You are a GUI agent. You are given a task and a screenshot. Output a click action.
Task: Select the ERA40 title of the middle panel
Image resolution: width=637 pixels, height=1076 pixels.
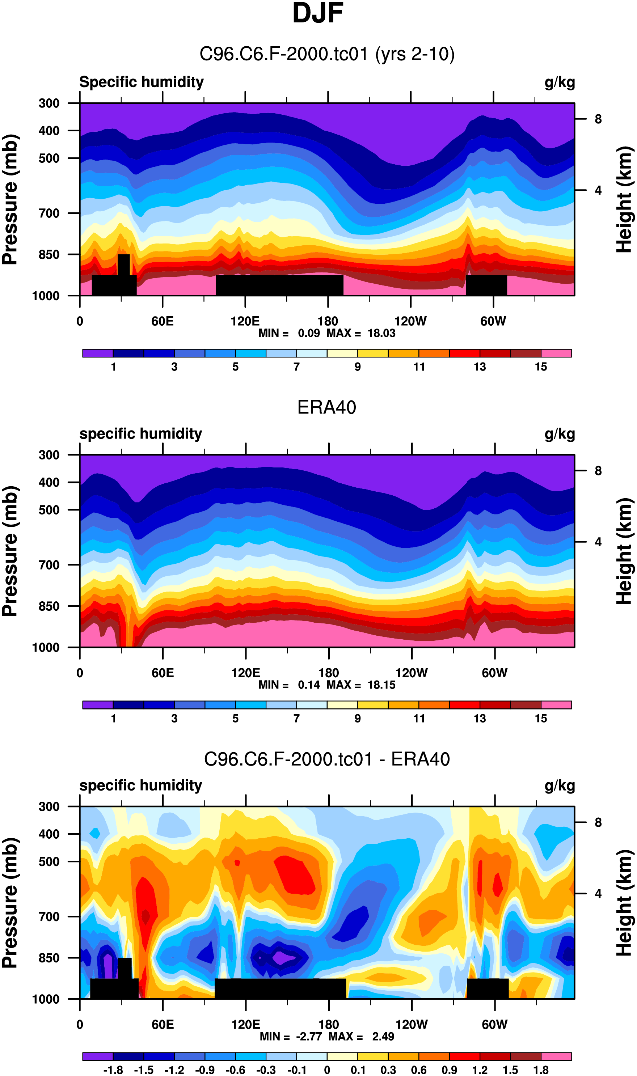pyautogui.click(x=327, y=407)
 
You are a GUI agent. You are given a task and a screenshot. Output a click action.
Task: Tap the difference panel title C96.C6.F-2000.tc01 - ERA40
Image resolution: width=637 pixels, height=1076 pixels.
pyautogui.click(x=327, y=759)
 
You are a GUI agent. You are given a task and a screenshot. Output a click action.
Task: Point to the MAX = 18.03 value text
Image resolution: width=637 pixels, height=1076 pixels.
pyautogui.click(x=361, y=333)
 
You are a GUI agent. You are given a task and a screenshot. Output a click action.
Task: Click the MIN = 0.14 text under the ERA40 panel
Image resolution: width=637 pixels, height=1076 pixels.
pyautogui.click(x=289, y=685)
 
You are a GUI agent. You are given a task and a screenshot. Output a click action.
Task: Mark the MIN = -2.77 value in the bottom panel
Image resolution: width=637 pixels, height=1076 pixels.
pyautogui.click(x=291, y=1037)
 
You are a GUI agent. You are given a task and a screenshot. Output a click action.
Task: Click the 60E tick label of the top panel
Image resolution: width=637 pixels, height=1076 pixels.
pyautogui.click(x=162, y=321)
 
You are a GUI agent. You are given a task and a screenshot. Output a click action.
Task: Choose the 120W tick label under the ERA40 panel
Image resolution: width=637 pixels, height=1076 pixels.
pyautogui.click(x=411, y=673)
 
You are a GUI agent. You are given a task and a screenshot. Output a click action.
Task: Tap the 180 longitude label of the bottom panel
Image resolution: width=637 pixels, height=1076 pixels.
pyautogui.click(x=328, y=1025)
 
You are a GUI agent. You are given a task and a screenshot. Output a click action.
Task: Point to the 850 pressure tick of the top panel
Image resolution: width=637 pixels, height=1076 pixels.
pyautogui.click(x=49, y=255)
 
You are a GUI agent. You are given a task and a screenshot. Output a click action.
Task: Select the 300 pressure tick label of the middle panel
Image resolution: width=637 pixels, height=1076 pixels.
pyautogui.click(x=49, y=455)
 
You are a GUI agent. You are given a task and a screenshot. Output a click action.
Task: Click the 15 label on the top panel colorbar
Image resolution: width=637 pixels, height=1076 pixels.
pyautogui.click(x=541, y=367)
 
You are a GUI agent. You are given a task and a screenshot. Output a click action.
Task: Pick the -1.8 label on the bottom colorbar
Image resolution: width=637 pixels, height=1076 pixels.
pyautogui.click(x=113, y=1070)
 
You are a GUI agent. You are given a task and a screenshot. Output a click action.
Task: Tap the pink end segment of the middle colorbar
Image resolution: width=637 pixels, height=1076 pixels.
pyautogui.click(x=556, y=705)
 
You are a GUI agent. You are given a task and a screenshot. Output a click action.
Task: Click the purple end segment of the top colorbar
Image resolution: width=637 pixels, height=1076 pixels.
pyautogui.click(x=98, y=353)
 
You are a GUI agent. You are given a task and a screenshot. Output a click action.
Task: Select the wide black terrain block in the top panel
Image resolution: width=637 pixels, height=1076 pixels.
pyautogui.click(x=279, y=285)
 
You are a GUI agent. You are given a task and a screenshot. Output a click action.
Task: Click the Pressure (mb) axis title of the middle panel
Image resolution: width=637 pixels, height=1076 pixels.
pyautogui.click(x=10, y=551)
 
